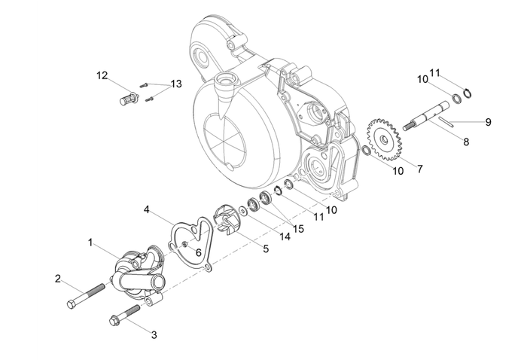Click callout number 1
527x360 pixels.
[x=91, y=243]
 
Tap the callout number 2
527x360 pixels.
[x=57, y=279]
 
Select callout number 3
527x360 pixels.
[x=154, y=334]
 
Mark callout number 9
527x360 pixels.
[x=488, y=121]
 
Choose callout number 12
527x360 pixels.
[x=102, y=75]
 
